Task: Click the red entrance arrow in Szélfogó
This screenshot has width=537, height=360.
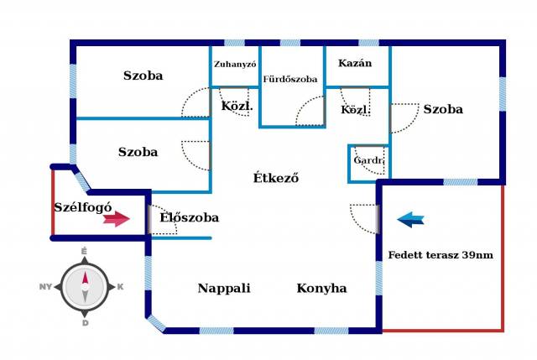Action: (x=117, y=219)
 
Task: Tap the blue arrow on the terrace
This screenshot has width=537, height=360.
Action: (x=410, y=220)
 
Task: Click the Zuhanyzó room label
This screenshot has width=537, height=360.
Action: (x=235, y=64)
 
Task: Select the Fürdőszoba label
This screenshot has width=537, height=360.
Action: (x=290, y=79)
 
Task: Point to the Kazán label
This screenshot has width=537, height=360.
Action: (x=355, y=63)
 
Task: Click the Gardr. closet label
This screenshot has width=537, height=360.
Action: (x=368, y=160)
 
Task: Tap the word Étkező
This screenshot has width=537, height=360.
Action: (x=276, y=178)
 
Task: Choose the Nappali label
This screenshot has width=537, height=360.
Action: (x=224, y=288)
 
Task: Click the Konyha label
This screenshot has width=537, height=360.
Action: (x=321, y=288)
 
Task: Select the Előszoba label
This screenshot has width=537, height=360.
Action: (x=189, y=217)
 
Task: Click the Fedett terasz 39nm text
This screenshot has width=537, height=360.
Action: (x=441, y=255)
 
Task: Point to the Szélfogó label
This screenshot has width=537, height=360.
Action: (x=83, y=207)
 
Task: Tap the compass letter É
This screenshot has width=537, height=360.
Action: (x=84, y=252)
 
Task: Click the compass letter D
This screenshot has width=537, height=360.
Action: (x=86, y=323)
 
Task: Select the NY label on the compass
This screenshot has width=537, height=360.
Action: (x=45, y=287)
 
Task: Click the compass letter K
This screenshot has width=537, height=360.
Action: (x=120, y=287)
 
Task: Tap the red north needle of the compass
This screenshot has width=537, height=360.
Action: (x=85, y=278)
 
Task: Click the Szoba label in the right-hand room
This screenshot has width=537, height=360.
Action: (x=443, y=109)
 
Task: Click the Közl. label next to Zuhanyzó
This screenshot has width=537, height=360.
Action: (x=237, y=106)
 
